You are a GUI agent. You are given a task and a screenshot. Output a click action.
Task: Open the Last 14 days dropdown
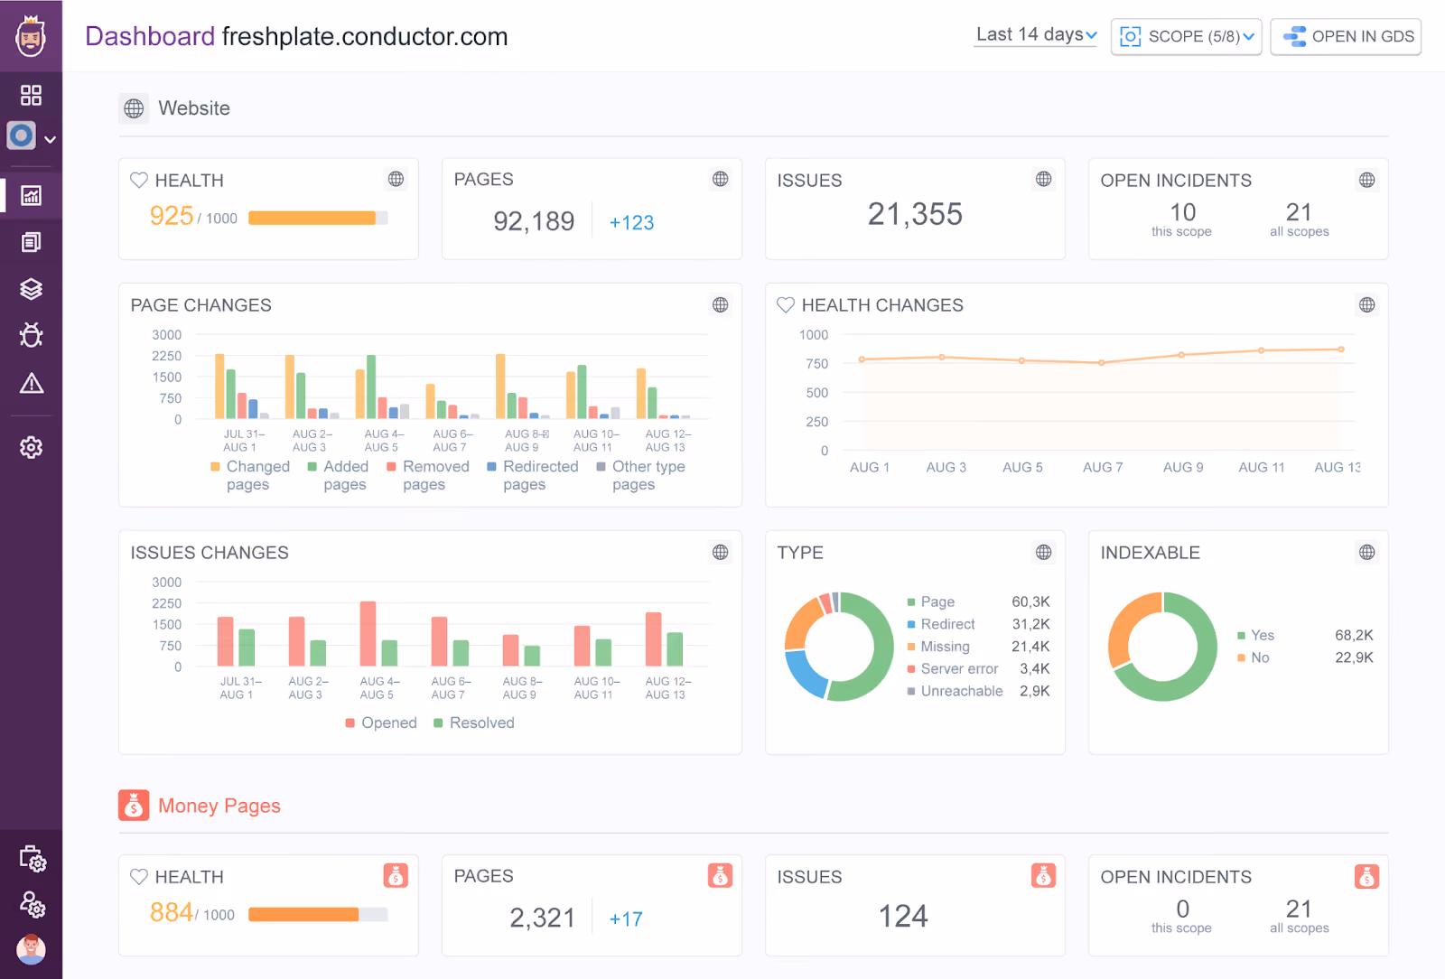click(1035, 35)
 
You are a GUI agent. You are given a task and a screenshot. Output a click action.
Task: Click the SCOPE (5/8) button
click(1187, 37)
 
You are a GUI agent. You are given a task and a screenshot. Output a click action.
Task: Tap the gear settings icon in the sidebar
click(31, 447)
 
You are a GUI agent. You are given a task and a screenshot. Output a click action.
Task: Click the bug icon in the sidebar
click(31, 335)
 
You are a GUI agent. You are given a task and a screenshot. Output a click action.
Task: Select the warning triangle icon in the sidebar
click(31, 383)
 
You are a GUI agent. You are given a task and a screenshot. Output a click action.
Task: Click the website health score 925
click(172, 216)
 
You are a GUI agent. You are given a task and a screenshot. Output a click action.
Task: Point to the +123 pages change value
click(631, 222)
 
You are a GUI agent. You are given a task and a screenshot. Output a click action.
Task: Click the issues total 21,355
click(915, 214)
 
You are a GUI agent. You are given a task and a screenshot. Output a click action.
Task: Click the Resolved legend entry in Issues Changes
click(474, 723)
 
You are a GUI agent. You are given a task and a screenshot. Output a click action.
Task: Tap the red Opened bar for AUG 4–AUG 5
click(368, 633)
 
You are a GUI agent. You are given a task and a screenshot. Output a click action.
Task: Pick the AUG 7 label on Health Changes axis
click(1103, 467)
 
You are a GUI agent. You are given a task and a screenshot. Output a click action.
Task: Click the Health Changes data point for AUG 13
click(1341, 350)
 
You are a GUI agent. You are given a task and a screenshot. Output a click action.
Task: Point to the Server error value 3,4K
click(1035, 668)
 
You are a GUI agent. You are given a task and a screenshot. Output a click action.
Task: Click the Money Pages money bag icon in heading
click(134, 805)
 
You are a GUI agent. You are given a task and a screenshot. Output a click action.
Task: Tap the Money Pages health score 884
click(171, 912)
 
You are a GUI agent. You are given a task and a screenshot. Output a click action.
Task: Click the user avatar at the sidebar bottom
click(31, 948)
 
